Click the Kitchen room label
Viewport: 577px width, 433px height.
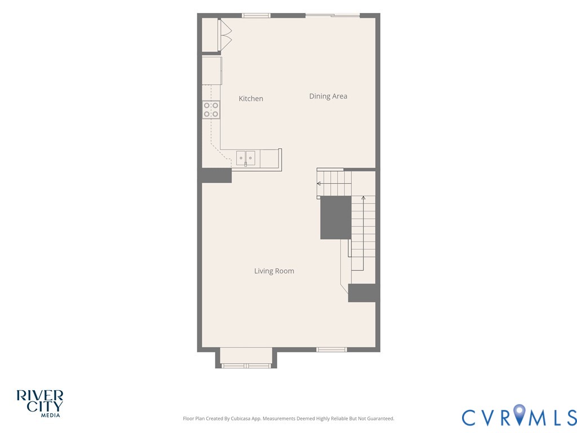coord(251,99)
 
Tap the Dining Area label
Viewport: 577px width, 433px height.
coord(329,96)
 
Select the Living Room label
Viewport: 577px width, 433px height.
coord(274,271)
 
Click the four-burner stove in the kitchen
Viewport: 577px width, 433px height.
coord(211,110)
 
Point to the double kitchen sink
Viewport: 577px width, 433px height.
coord(246,158)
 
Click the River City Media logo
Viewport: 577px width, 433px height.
coord(40,404)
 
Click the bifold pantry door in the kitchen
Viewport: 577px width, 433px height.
coord(225,36)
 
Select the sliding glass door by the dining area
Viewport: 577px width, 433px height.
coord(332,15)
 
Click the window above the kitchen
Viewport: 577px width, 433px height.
coord(256,15)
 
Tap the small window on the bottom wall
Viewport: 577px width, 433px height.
coord(331,350)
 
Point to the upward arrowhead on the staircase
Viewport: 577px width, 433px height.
coord(363,198)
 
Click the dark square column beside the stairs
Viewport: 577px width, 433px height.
coord(336,218)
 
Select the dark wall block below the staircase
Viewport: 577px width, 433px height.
coord(362,293)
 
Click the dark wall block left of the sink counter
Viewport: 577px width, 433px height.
coord(216,175)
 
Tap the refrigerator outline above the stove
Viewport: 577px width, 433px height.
coord(212,70)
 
